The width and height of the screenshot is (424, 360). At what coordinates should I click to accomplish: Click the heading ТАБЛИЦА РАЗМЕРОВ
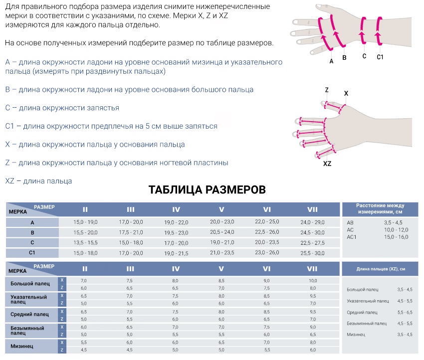pyautogui.click(x=207, y=189)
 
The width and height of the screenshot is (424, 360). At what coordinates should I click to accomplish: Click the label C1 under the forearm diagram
pyautogui.click(x=380, y=57)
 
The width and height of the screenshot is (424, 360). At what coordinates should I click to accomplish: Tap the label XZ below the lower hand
pyautogui.click(x=327, y=164)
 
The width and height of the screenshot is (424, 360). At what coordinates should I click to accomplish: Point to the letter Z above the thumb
pyautogui.click(x=327, y=90)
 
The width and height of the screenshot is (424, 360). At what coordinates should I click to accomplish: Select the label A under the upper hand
pyautogui.click(x=331, y=62)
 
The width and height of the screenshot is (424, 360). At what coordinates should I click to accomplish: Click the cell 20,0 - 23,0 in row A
pyautogui.click(x=221, y=222)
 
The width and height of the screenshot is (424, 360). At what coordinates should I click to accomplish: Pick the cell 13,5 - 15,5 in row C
pyautogui.click(x=85, y=242)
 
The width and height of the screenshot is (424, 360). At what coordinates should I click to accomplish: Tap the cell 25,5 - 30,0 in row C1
pyautogui.click(x=312, y=253)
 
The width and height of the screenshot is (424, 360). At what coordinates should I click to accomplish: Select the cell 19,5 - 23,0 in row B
pyautogui.click(x=176, y=232)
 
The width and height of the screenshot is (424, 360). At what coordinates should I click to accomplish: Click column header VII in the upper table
pyautogui.click(x=312, y=209)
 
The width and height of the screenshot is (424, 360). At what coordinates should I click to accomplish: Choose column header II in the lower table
pyautogui.click(x=85, y=269)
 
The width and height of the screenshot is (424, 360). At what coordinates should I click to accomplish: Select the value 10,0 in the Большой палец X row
pyautogui.click(x=312, y=281)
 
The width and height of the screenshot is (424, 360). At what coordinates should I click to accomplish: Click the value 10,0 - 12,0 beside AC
pyautogui.click(x=396, y=229)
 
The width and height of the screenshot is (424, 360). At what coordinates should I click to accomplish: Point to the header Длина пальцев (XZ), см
pyautogui.click(x=381, y=269)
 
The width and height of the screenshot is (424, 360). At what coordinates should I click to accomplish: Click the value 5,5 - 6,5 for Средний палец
pyautogui.click(x=405, y=312)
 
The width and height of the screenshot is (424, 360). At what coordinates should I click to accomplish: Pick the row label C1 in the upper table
pyautogui.click(x=32, y=253)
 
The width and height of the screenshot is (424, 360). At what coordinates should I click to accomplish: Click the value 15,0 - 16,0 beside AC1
pyautogui.click(x=396, y=236)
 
